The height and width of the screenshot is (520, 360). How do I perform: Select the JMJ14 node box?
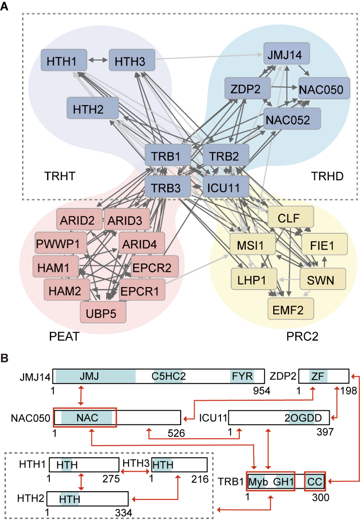[286, 54]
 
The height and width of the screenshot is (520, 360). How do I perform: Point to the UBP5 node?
[103, 312]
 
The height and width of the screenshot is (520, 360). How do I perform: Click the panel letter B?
[5, 358]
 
